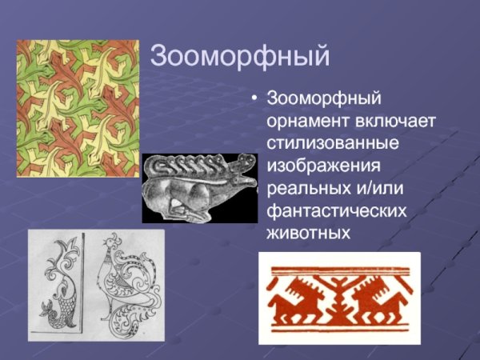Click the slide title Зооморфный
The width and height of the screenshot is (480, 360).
pos(240,57)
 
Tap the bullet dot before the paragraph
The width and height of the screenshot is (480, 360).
pos(254,100)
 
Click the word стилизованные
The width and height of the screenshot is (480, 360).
pos(333,142)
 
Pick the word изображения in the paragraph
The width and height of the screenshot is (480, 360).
pos(323,166)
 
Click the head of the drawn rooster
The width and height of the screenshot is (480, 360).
pos(105,254)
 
